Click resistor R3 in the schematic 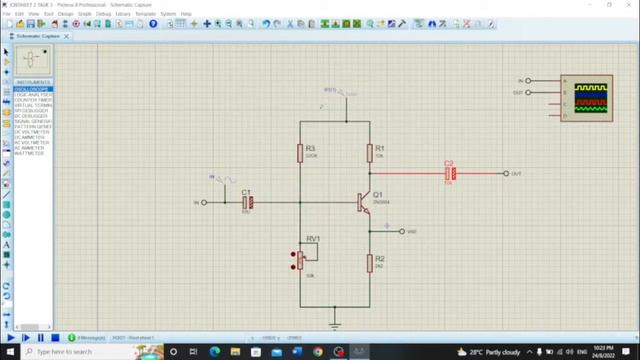click(x=300, y=153)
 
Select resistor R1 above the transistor click(x=369, y=153)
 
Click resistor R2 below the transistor click(x=369, y=263)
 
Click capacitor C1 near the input click(x=248, y=202)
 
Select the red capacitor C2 click(x=449, y=174)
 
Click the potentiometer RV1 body click(x=300, y=261)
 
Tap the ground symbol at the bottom click(x=335, y=324)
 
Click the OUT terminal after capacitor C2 click(x=505, y=174)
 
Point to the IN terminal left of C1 click(x=204, y=202)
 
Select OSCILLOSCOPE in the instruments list click(x=32, y=89)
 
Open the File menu click(x=6, y=14)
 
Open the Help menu click(x=186, y=14)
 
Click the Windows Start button click(x=7, y=352)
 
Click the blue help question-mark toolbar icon click(x=153, y=24)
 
